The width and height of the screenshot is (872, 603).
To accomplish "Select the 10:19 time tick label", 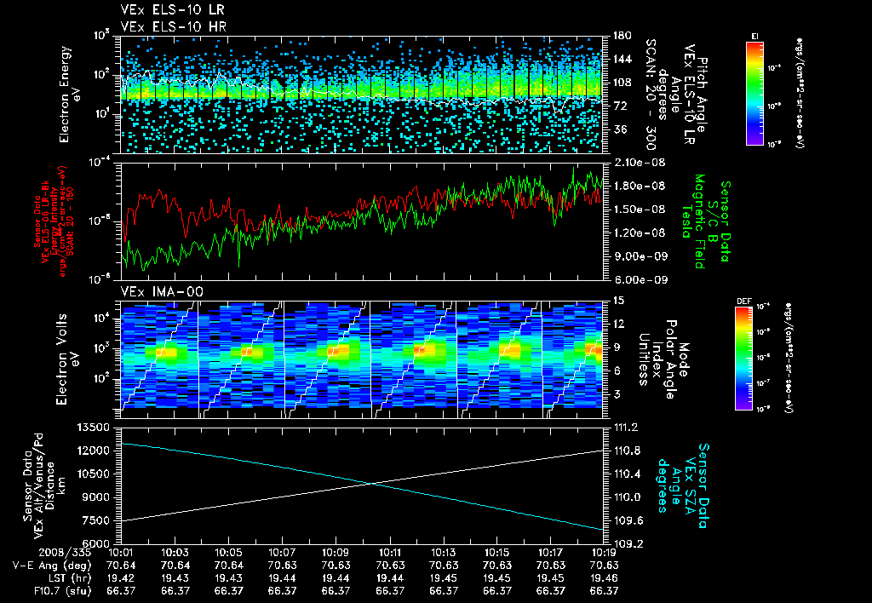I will click(x=604, y=552).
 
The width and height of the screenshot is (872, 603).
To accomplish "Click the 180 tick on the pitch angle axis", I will click(x=620, y=36).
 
